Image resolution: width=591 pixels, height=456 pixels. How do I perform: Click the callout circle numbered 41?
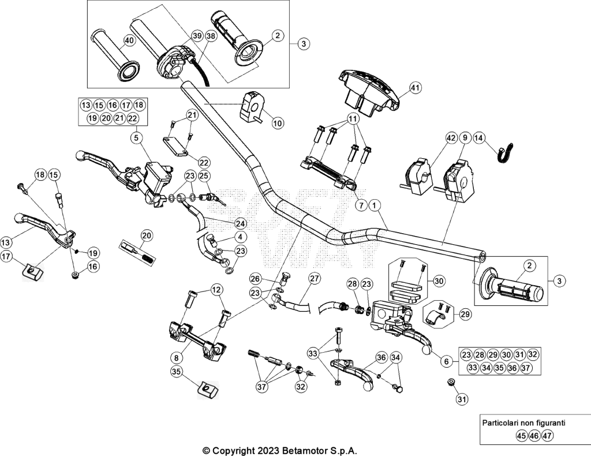pyautogui.click(x=415, y=88)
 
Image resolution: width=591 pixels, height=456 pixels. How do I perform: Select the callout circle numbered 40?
pyautogui.click(x=129, y=41)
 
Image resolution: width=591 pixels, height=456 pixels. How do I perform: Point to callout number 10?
pyautogui.click(x=278, y=123)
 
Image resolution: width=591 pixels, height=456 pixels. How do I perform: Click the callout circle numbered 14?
pyautogui.click(x=478, y=138)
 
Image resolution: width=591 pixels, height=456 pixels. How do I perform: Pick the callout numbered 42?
pyautogui.click(x=451, y=138)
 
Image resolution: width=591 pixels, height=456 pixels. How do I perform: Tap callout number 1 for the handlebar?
pyautogui.click(x=374, y=205)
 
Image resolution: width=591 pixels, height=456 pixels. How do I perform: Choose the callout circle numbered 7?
pyautogui.click(x=361, y=205)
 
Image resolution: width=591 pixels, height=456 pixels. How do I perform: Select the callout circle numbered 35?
pyautogui.click(x=176, y=372)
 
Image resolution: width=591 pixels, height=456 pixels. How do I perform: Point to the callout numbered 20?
pyautogui.click(x=147, y=236)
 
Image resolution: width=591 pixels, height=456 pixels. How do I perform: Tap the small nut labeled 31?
pyautogui.click(x=450, y=382)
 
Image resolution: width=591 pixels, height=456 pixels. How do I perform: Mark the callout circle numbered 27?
pyautogui.click(x=315, y=279)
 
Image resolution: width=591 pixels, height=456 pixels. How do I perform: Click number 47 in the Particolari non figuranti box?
pyautogui.click(x=547, y=436)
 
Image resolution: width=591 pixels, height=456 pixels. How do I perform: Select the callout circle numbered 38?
pyautogui.click(x=211, y=36)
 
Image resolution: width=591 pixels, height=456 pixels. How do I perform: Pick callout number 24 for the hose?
pyautogui.click(x=240, y=223)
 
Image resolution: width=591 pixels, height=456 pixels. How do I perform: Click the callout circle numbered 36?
pyautogui.click(x=382, y=357)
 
